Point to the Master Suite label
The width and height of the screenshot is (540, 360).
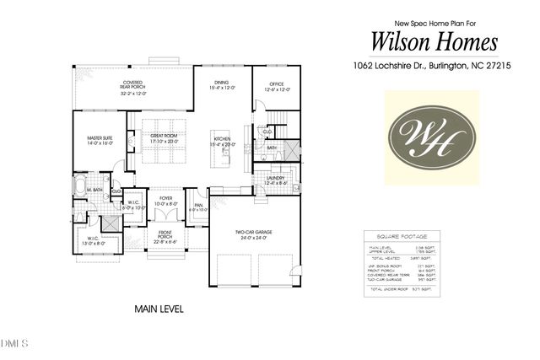tap(100, 139)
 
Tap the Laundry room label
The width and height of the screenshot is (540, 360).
tap(276, 180)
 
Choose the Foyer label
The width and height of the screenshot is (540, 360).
tap(165, 201)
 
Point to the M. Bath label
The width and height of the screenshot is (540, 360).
tap(94, 191)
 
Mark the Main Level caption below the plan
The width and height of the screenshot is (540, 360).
tap(159, 309)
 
